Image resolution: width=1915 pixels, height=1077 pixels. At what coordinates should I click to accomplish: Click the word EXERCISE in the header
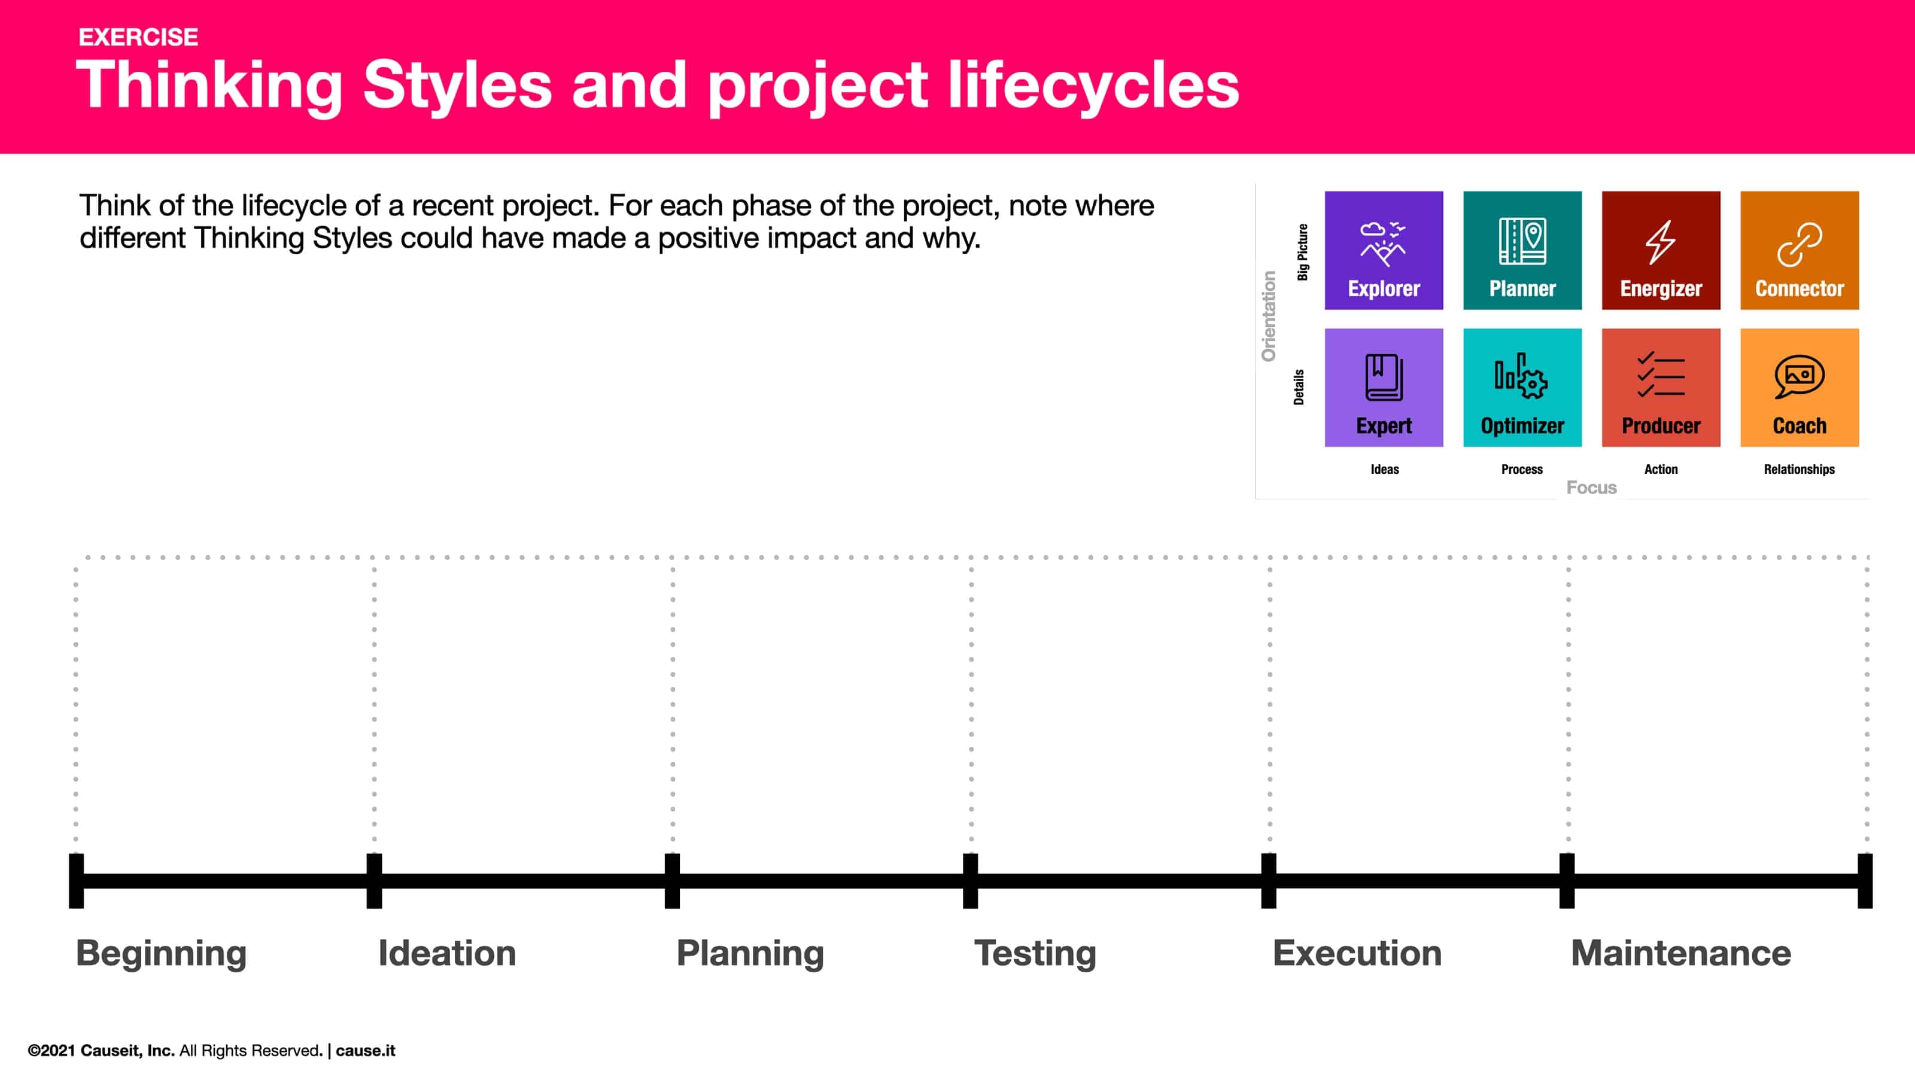pyautogui.click(x=138, y=37)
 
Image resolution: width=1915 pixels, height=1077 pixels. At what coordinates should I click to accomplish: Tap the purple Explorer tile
pyautogui.click(x=1384, y=251)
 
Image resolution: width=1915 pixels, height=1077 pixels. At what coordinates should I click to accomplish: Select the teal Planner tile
pyautogui.click(x=1522, y=251)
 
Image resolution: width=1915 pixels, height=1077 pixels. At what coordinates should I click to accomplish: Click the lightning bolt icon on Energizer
pyautogui.click(x=1660, y=242)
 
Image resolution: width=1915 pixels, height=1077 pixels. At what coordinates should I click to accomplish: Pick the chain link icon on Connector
pyautogui.click(x=1799, y=244)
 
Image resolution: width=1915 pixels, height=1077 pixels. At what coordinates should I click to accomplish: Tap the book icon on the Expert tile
pyautogui.click(x=1384, y=378)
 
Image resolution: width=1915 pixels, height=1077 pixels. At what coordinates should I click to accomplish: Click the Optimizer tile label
pyautogui.click(x=1522, y=426)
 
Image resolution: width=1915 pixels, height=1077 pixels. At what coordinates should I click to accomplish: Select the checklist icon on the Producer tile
pyautogui.click(x=1660, y=375)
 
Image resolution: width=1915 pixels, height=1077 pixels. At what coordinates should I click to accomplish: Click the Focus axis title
pyautogui.click(x=1591, y=488)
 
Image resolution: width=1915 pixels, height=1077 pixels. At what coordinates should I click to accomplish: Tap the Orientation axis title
pyautogui.click(x=1268, y=317)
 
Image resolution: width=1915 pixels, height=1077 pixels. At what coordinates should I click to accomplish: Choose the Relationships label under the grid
pyautogui.click(x=1799, y=469)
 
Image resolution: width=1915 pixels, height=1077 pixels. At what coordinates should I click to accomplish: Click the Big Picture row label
pyautogui.click(x=1302, y=252)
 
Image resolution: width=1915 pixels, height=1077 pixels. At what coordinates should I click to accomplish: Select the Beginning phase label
pyautogui.click(x=162, y=954)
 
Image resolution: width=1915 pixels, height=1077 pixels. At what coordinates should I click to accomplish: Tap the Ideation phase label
pyautogui.click(x=447, y=954)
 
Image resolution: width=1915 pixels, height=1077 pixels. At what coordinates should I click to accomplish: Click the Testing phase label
pyautogui.click(x=1035, y=954)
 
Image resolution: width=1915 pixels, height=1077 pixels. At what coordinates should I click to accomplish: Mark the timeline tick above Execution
pyautogui.click(x=1268, y=881)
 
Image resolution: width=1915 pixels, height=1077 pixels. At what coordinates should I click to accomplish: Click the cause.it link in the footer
pyautogui.click(x=365, y=1050)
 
